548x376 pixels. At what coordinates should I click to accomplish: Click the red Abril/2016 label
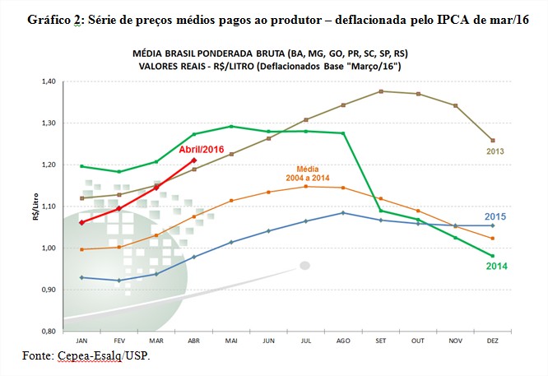[202, 150]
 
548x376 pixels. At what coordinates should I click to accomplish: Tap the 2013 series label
[495, 151]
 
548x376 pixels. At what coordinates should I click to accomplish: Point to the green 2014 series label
[496, 266]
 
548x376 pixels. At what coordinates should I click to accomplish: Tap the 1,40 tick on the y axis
[49, 81]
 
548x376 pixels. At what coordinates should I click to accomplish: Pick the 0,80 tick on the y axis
[49, 331]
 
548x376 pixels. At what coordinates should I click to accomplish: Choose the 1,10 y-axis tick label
[49, 207]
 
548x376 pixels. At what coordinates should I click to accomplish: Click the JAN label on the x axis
[81, 339]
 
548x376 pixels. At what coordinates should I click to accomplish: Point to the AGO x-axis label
[342, 339]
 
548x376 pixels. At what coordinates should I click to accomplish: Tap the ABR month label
[193, 339]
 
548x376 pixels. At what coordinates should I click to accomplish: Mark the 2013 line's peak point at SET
[380, 91]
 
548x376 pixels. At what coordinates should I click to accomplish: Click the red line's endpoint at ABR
[193, 160]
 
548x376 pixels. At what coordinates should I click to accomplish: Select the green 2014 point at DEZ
[492, 255]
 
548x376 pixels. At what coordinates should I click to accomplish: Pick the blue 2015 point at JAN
[81, 277]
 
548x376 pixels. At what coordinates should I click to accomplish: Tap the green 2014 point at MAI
[230, 127]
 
